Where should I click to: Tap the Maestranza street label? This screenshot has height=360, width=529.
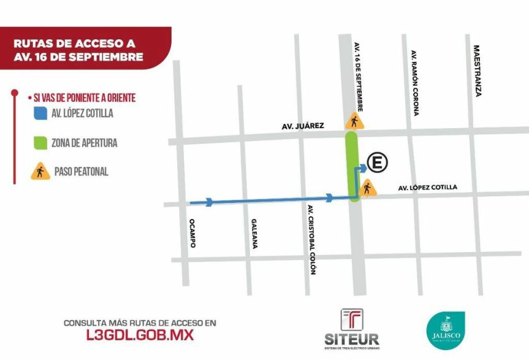click(477, 71)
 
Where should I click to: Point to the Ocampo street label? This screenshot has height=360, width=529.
click(192, 233)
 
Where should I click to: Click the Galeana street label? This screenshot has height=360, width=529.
click(254, 234)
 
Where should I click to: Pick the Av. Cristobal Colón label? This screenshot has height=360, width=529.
click(312, 239)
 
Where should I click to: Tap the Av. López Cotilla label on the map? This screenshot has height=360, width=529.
click(427, 187)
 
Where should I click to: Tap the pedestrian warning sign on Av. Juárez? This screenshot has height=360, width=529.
click(352, 121)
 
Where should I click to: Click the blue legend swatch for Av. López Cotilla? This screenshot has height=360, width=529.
click(40, 113)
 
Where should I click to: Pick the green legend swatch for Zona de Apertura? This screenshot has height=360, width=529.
click(40, 143)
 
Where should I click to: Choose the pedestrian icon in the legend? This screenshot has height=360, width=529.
click(40, 172)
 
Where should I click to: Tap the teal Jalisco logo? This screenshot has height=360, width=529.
click(446, 330)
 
